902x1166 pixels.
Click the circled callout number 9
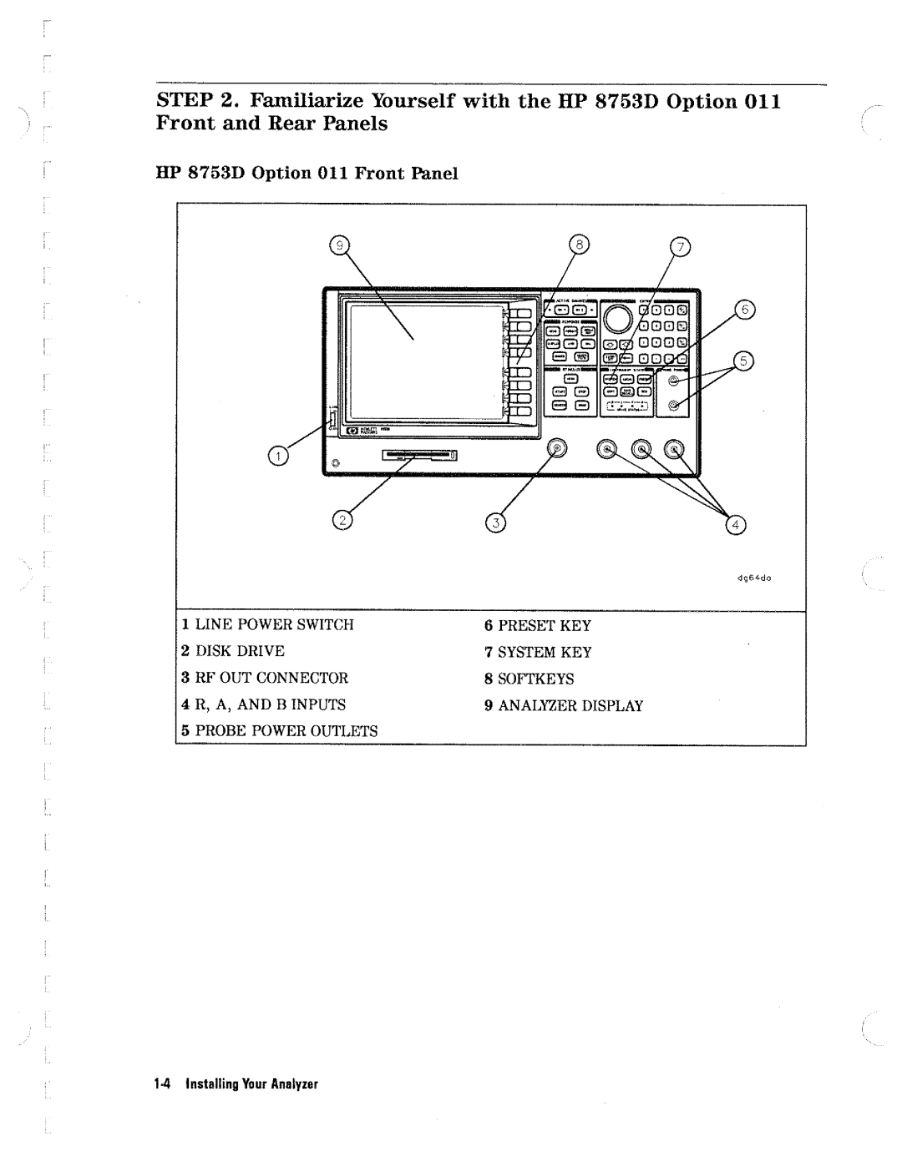(x=339, y=245)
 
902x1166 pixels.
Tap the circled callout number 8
(x=579, y=245)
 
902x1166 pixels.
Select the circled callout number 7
(x=682, y=247)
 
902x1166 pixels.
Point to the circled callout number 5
(x=742, y=361)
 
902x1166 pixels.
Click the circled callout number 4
(x=736, y=524)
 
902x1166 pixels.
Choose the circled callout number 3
(x=495, y=524)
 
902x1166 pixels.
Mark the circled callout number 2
(x=341, y=522)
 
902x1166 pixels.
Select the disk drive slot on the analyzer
(x=420, y=457)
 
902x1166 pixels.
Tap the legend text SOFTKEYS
(x=536, y=679)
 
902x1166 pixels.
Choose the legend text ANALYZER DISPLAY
(x=570, y=705)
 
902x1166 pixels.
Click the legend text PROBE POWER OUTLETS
(x=286, y=731)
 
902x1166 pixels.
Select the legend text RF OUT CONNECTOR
(x=271, y=678)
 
